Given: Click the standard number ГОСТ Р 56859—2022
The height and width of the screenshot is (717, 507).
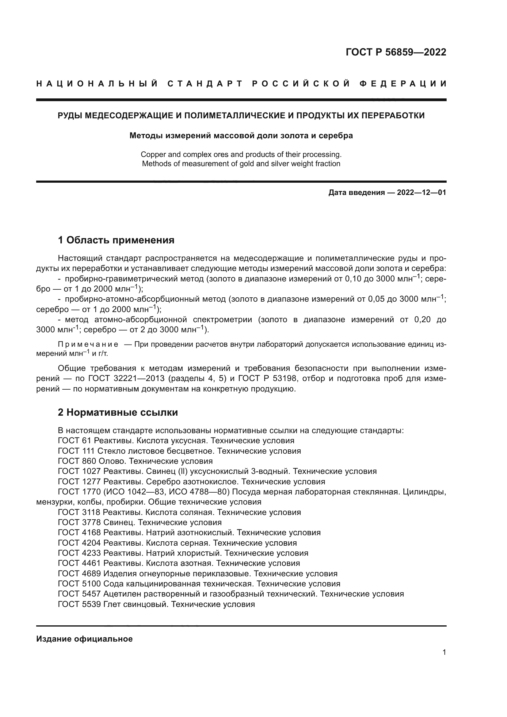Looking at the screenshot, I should click(396, 52).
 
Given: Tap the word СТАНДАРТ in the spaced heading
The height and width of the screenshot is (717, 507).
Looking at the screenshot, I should click(205, 84).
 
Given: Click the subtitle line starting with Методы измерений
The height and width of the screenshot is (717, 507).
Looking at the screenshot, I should click(241, 135).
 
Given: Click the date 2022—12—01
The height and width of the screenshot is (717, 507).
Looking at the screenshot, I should click(421, 193).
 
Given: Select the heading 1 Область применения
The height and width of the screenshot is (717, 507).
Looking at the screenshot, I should click(116, 240).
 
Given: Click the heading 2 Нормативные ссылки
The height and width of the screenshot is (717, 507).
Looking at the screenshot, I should click(118, 412).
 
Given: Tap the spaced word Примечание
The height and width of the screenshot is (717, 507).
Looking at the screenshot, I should click(88, 345).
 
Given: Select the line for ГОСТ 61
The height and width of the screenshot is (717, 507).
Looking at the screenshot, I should click(176, 440).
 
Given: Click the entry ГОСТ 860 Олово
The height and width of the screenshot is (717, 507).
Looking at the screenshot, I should click(135, 461).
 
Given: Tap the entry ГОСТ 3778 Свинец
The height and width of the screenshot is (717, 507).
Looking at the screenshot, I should click(139, 522).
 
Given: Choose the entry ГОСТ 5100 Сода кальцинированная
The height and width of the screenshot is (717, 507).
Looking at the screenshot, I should click(199, 583).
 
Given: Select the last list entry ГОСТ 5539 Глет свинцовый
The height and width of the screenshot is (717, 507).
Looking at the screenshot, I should click(156, 604).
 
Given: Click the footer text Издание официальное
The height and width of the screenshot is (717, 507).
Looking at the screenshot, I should click(84, 639).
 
